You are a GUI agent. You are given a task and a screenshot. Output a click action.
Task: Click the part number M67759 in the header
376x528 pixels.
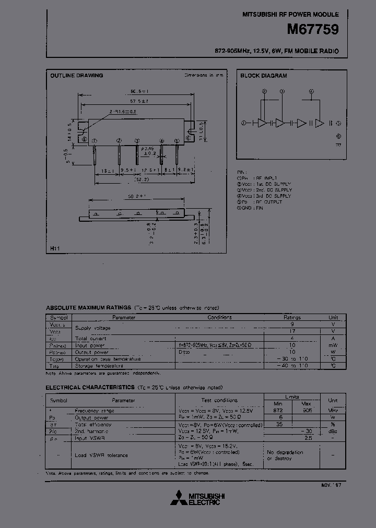click(313, 30)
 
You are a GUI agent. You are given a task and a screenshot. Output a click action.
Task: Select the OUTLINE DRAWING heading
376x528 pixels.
click(76, 76)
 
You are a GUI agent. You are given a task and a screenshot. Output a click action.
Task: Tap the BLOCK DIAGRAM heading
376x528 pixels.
click(263, 76)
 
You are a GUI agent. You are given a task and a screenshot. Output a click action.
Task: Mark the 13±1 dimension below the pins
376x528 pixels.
click(107, 170)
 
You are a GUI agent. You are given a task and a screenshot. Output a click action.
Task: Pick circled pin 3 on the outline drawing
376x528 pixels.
click(137, 140)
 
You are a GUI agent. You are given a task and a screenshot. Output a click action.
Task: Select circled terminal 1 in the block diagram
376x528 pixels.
click(244, 123)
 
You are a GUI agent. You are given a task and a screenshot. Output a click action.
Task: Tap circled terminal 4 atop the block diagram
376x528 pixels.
click(311, 91)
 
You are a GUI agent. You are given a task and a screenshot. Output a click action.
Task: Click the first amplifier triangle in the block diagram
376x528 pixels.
click(262, 123)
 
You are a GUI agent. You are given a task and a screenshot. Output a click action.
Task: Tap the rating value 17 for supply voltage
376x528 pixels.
click(292, 331)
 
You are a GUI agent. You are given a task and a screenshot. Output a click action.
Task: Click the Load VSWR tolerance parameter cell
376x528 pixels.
click(102, 455)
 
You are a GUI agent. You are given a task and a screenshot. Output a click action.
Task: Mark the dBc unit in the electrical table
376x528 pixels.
click(333, 431)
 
